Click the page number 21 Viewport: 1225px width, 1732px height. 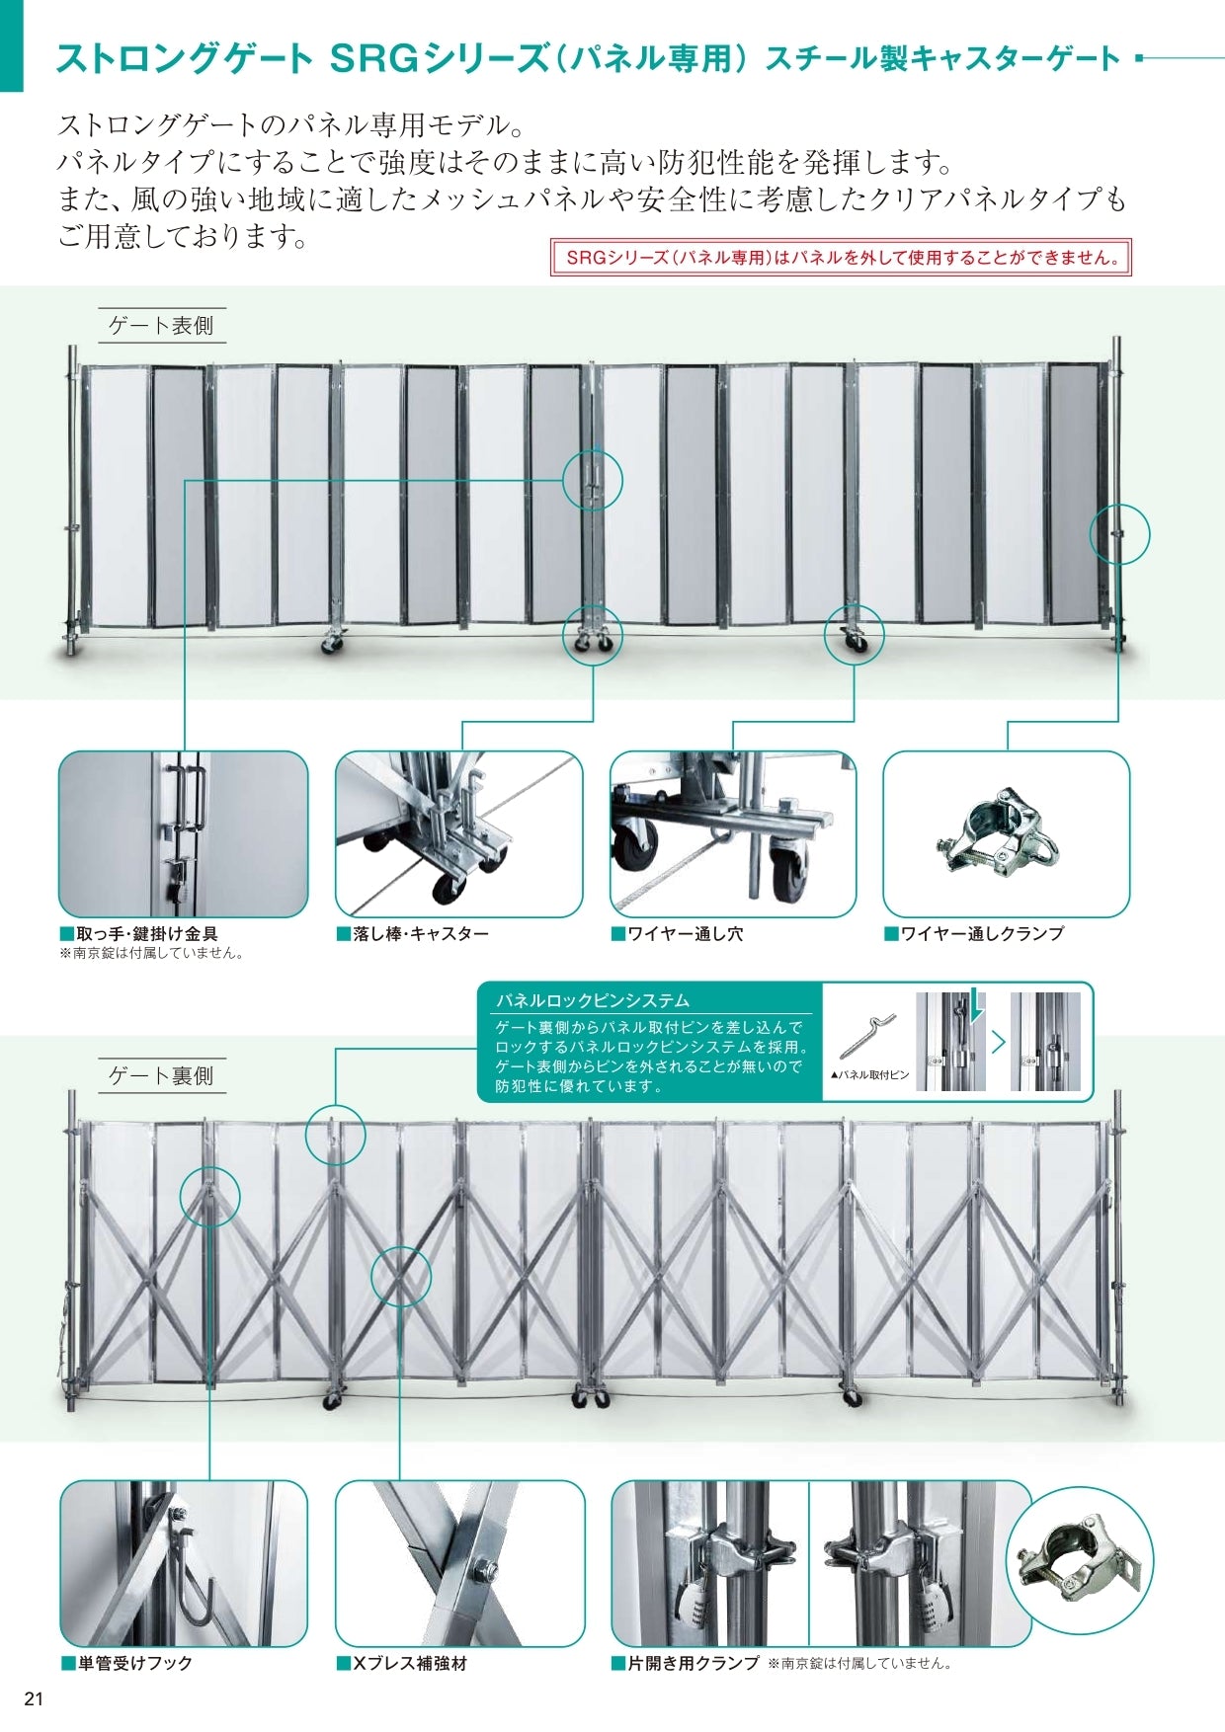pos(35,1699)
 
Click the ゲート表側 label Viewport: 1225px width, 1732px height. pos(161,325)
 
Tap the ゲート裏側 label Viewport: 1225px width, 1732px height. pos(161,1075)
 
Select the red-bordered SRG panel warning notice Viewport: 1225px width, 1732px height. pos(841,258)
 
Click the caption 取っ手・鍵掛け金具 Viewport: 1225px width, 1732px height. pos(146,933)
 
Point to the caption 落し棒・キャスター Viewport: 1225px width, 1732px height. pos(419,933)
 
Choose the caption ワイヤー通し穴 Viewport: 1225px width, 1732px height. pos(684,933)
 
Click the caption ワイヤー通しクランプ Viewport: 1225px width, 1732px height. pos(981,933)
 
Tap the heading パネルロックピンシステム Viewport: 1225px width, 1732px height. pos(593,1000)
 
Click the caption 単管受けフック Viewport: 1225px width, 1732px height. pos(134,1664)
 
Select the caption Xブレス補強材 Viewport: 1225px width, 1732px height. pos(409,1664)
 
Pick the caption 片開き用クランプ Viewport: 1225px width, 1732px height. pos(693,1664)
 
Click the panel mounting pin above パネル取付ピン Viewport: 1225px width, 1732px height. pos(867,1036)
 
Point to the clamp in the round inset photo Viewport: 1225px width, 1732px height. pos(1077,1561)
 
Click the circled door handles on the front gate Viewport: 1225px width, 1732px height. pos(593,480)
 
